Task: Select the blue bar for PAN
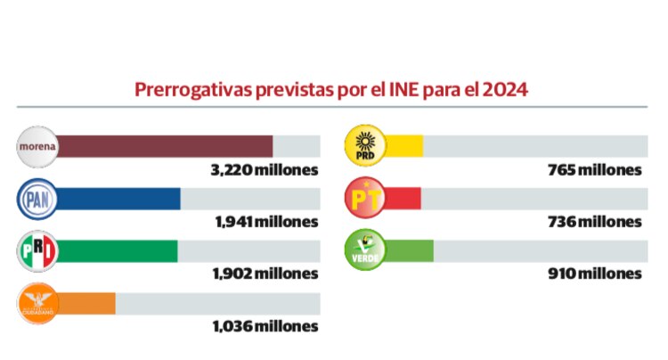coord(119,199)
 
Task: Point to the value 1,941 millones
coord(265,222)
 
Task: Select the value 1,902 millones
coord(265,274)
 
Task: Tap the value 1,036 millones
coord(265,327)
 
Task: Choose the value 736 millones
coord(594,222)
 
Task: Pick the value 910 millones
coord(594,274)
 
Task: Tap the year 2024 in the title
coord(509,90)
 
